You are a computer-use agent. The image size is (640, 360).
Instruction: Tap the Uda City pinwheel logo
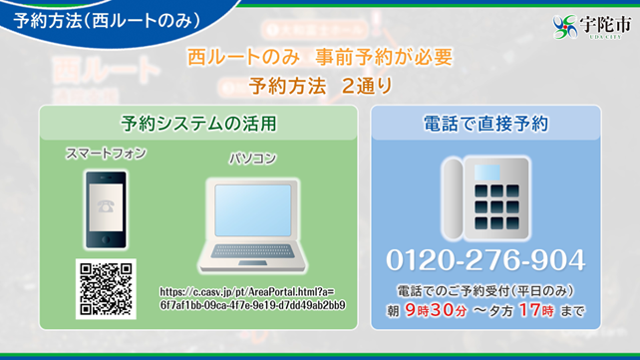(564, 27)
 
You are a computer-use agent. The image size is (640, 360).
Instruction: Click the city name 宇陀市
(601, 23)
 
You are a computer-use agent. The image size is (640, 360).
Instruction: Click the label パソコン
(252, 158)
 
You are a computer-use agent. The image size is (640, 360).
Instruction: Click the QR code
(106, 289)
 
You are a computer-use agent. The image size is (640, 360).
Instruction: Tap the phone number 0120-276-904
(485, 261)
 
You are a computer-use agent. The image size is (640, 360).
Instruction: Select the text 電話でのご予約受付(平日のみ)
(485, 291)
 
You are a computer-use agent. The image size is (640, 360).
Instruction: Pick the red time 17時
(535, 311)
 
